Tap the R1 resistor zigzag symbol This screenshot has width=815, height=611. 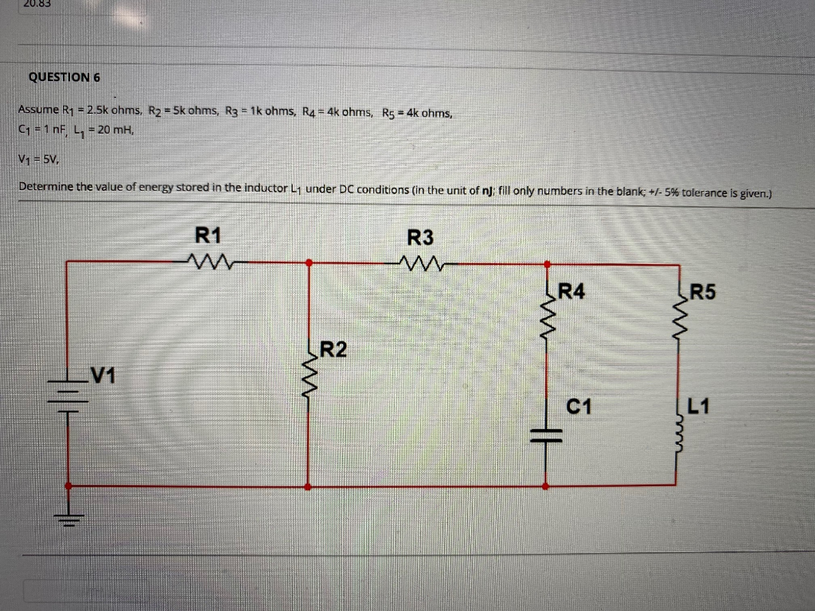(209, 261)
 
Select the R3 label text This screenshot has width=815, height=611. (420, 237)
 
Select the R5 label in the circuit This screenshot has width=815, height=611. (703, 291)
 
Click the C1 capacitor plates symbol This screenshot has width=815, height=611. (547, 434)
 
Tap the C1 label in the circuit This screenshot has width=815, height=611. (579, 408)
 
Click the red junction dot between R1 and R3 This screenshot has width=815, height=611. (309, 261)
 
